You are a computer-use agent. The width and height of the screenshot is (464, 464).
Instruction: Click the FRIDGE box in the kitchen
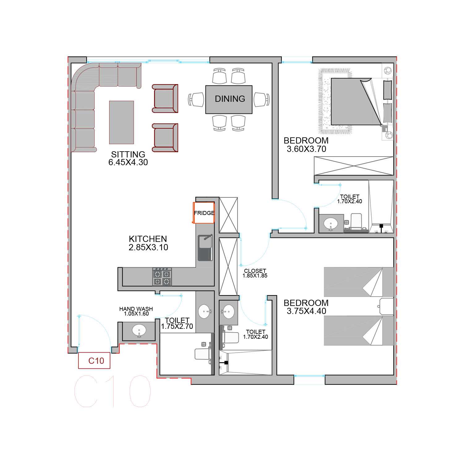(x=204, y=213)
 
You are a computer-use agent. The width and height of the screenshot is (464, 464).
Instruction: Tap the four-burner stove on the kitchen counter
(x=162, y=277)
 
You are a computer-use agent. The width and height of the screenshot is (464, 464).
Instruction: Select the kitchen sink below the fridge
(x=205, y=247)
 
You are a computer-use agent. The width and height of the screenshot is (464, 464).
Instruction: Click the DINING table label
(x=230, y=99)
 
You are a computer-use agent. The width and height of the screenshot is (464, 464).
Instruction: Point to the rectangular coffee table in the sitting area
(x=122, y=122)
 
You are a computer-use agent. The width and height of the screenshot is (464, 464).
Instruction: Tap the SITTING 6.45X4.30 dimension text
(x=128, y=158)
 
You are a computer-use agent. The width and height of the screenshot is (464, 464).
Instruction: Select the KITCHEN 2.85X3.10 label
(x=148, y=243)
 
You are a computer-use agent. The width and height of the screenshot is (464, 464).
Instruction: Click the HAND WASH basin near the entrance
(x=139, y=330)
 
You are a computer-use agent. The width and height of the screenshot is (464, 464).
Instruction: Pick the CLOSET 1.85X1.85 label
(x=255, y=273)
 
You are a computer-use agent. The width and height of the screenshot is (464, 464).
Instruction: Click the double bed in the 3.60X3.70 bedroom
(x=356, y=101)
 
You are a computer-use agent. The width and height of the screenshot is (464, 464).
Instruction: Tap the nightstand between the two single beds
(x=386, y=307)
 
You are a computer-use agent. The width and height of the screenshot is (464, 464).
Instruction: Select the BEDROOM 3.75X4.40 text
(x=306, y=307)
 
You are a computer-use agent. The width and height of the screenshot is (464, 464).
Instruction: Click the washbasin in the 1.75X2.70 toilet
(x=204, y=311)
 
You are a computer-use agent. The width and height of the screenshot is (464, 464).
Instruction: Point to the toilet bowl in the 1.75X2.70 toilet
(x=203, y=354)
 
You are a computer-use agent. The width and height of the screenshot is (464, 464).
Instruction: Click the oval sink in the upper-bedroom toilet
(x=331, y=223)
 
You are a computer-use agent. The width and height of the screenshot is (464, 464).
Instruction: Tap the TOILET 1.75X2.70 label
(x=177, y=323)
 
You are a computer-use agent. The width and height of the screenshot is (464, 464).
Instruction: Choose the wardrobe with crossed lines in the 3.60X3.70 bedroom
(x=354, y=166)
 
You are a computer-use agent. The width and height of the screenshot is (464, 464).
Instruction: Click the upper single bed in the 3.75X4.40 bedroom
(x=359, y=282)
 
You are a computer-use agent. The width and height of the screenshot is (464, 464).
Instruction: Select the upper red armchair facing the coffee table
(x=165, y=98)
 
